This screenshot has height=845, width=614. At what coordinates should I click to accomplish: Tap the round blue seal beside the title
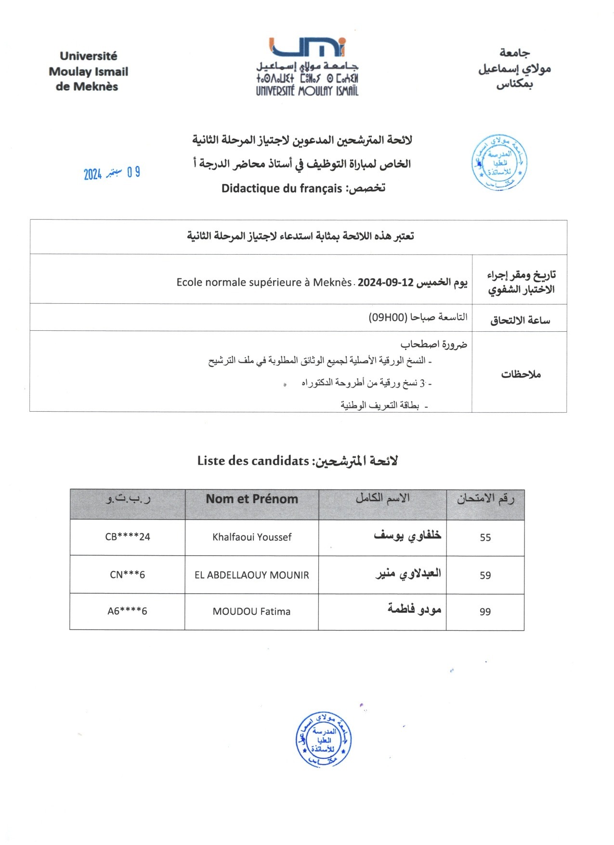click(499, 163)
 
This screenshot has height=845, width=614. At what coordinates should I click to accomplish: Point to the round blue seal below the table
click(323, 739)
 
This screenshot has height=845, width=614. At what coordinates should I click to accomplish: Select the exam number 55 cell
click(485, 538)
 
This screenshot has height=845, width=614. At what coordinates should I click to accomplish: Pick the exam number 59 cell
click(485, 575)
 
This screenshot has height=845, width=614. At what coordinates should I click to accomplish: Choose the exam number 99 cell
click(485, 612)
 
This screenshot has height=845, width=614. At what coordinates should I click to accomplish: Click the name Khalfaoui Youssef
click(252, 537)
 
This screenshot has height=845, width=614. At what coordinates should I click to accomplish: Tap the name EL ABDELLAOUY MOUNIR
click(252, 575)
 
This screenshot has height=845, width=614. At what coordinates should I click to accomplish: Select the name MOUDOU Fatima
click(252, 611)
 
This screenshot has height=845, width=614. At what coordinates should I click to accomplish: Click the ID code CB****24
click(128, 537)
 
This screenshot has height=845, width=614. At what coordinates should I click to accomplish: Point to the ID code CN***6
click(128, 574)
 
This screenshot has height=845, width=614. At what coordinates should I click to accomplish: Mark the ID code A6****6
click(128, 611)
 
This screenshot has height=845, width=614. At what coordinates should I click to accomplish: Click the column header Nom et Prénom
click(252, 499)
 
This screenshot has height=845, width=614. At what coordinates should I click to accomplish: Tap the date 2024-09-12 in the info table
click(386, 282)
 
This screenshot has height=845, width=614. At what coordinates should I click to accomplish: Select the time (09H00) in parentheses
click(388, 317)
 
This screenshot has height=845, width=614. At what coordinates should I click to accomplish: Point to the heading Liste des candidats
click(253, 461)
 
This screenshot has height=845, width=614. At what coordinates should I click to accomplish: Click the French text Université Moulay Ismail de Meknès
click(88, 72)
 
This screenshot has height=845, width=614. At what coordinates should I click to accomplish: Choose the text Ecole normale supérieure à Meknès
click(264, 282)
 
